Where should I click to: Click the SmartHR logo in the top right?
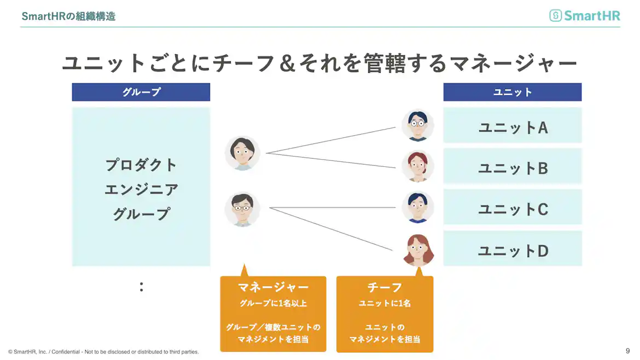pyautogui.click(x=585, y=15)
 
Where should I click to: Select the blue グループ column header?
pyautogui.click(x=141, y=92)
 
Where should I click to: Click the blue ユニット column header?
pyautogui.click(x=512, y=92)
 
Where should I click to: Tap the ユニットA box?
pyautogui.click(x=512, y=127)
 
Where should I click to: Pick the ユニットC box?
pyautogui.click(x=512, y=209)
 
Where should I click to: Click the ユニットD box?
pyautogui.click(x=512, y=251)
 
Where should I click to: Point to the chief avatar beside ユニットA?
pyautogui.click(x=417, y=126)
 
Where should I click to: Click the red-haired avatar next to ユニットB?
pyautogui.click(x=417, y=166)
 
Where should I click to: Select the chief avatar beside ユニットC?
pyautogui.click(x=417, y=207)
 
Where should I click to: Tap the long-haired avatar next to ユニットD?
pyautogui.click(x=418, y=250)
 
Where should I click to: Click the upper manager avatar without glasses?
pyautogui.click(x=242, y=153)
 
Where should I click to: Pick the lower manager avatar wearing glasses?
pyautogui.click(x=242, y=209)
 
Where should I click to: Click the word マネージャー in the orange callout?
pyautogui.click(x=273, y=287)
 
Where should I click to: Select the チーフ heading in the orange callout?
pyautogui.click(x=385, y=287)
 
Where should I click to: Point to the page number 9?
pyautogui.click(x=627, y=351)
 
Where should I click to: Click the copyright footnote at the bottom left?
pyautogui.click(x=103, y=352)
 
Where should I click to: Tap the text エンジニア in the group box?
pyautogui.click(x=141, y=189)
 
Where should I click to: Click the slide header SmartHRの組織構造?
pyautogui.click(x=68, y=16)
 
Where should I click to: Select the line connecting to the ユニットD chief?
pyautogui.click(x=331, y=229)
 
